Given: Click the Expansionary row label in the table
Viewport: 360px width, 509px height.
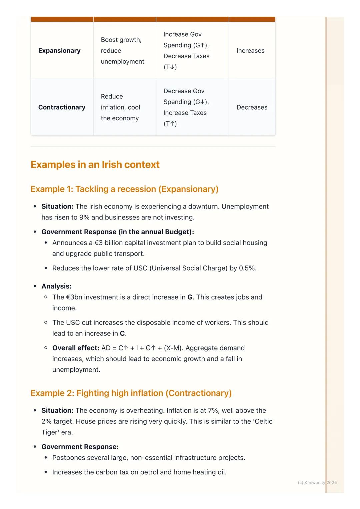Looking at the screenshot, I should click(59, 51).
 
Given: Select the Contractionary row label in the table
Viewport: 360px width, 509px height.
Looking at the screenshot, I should click(62, 107).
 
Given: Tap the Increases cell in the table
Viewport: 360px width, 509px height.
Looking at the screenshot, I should click(250, 51).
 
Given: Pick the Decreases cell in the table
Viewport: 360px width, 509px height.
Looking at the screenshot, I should click(252, 107).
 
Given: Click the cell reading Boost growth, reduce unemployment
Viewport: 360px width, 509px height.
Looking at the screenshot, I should click(122, 51).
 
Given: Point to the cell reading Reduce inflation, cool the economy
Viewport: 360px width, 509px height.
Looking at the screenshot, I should click(120, 107).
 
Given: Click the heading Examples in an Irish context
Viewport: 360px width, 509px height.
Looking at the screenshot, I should click(95, 165).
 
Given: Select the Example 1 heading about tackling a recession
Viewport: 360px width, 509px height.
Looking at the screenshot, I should click(124, 189).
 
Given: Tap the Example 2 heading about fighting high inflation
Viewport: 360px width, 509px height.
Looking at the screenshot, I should click(131, 393).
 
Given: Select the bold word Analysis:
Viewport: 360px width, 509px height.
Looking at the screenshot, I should click(56, 286).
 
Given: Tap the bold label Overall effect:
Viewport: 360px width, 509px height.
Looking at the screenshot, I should click(76, 348).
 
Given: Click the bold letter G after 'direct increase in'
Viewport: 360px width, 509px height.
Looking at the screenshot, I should click(190, 297).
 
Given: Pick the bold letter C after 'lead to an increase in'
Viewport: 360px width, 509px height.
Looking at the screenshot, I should click(122, 333).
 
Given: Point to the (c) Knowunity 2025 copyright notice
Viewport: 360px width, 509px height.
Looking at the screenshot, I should click(317, 483).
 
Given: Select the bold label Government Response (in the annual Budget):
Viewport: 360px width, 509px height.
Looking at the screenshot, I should click(118, 232).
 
